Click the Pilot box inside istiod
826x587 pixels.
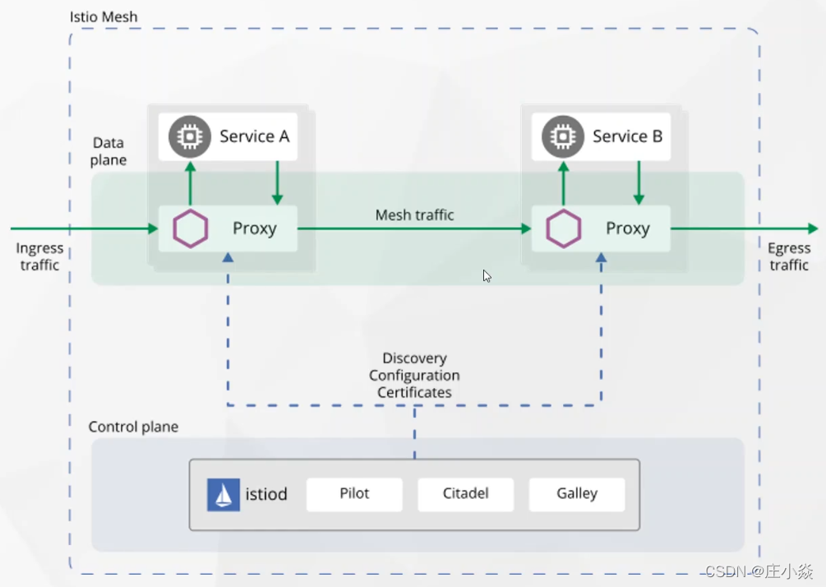click(354, 494)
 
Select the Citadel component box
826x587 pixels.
click(465, 494)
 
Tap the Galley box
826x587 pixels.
click(576, 494)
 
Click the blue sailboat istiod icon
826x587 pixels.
click(224, 495)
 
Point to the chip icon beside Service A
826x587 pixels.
click(190, 136)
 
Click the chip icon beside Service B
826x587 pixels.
click(563, 136)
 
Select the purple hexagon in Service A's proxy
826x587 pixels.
click(191, 229)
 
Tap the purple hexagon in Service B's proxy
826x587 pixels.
click(564, 229)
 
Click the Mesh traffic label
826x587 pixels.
click(414, 215)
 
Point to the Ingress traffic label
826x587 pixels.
click(39, 257)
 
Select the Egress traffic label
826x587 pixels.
click(789, 257)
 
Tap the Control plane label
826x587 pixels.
click(133, 428)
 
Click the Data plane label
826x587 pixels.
click(108, 151)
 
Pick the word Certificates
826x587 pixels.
click(414, 393)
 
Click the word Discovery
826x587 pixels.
click(414, 358)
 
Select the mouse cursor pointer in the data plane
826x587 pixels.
click(487, 276)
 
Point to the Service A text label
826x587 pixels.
click(254, 136)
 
